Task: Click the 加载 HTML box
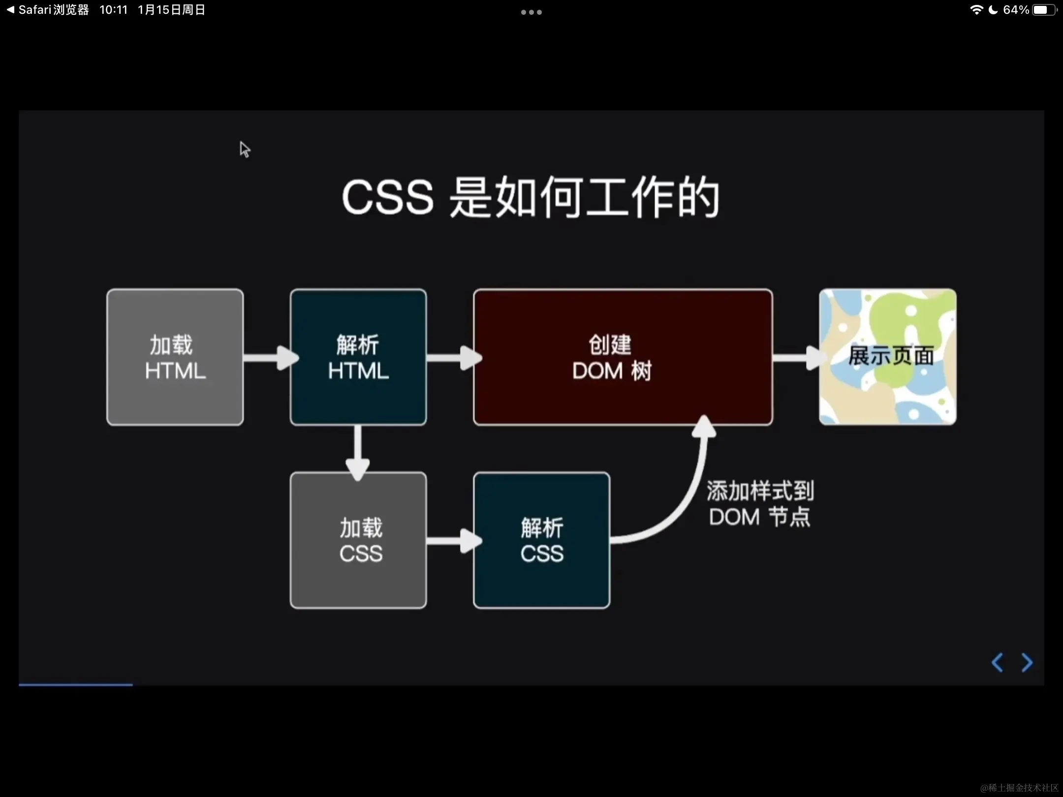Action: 175,357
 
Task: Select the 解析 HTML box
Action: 358,357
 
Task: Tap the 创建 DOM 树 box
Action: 623,357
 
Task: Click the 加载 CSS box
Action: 358,540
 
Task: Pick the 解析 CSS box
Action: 541,540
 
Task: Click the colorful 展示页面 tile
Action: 888,357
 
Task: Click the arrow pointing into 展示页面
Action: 797,358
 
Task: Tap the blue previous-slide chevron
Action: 997,663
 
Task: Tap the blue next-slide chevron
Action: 1027,663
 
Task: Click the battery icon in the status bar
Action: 1044,10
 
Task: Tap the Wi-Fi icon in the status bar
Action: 976,10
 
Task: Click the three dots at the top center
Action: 531,12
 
